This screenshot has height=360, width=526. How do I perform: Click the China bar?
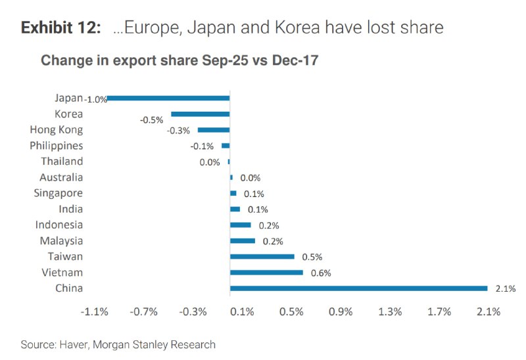358,288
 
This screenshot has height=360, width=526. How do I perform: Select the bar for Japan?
168,98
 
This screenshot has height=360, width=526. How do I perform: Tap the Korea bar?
201,114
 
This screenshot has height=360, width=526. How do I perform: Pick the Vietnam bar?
266,272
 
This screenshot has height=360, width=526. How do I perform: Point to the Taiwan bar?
262,256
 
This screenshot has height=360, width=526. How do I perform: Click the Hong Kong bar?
214,129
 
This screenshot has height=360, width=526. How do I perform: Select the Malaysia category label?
61,240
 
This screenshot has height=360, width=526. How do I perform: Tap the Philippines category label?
57,145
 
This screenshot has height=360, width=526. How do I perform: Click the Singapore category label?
59,193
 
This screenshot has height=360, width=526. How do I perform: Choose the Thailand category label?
62,161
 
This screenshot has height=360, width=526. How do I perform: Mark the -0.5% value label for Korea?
151,120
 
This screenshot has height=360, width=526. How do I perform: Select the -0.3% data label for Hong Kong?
178,131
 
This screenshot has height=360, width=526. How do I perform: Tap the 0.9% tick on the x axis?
341,312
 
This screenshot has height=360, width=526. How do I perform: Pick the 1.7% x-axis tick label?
439,312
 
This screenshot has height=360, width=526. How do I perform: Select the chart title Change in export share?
180,61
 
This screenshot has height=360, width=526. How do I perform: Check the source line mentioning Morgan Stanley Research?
118,344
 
